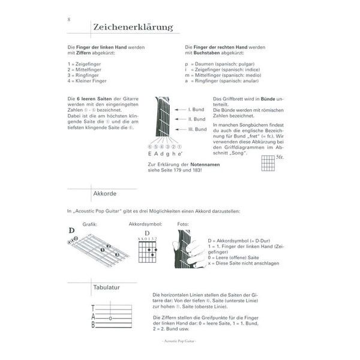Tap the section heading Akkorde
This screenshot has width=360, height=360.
pyautogui.click(x=104, y=194)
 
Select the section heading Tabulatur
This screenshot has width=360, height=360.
pyautogui.click(x=107, y=288)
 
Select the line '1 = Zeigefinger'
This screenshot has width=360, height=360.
pyautogui.click(x=83, y=63)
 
